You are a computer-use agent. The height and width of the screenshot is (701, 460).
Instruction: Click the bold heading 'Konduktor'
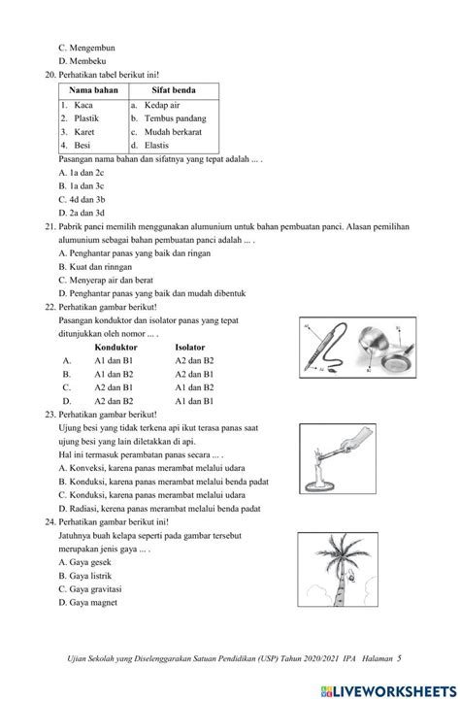pos(116,346)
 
